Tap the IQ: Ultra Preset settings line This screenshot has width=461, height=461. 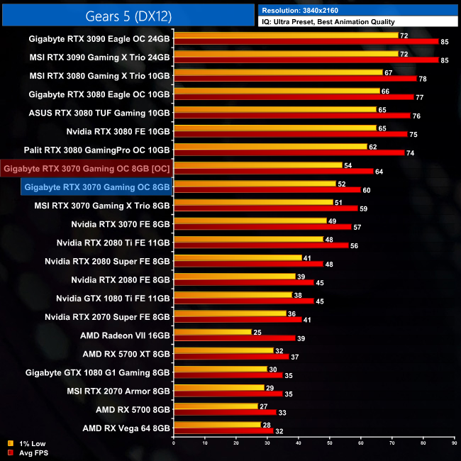[x=328, y=22]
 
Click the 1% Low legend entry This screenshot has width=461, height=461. [x=30, y=443]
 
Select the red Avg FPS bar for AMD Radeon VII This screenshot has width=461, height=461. [x=234, y=338]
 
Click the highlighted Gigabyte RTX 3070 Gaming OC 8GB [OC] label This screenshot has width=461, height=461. [x=86, y=169]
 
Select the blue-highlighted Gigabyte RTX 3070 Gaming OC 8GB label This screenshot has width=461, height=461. [x=96, y=187]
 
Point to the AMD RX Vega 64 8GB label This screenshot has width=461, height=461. [x=126, y=428]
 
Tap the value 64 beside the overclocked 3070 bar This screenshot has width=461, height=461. [x=379, y=172]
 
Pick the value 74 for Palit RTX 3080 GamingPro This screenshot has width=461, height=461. [x=411, y=153]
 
